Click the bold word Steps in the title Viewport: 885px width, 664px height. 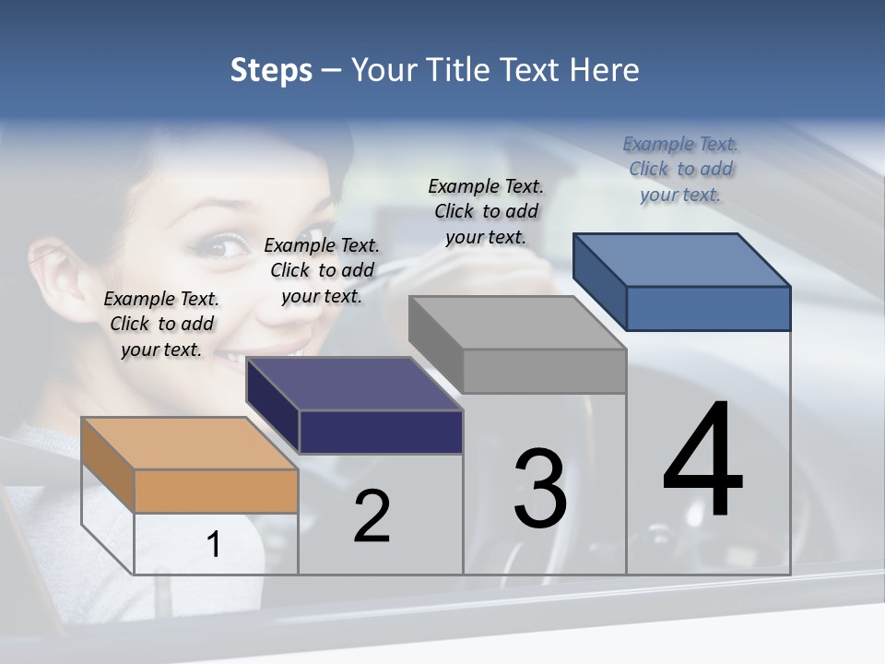tap(271, 70)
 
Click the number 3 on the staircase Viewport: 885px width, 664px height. tap(539, 489)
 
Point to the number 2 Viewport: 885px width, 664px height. tap(372, 516)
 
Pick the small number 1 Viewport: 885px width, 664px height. tap(214, 544)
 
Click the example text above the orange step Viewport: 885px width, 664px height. tap(161, 324)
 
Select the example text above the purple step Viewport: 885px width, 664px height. tap(322, 270)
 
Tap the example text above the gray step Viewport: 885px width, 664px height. tap(486, 211)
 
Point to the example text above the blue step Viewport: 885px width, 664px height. tap(680, 169)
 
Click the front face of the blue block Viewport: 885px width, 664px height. tap(708, 308)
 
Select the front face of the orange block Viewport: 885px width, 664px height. tap(216, 491)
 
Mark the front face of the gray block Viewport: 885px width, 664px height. tap(544, 371)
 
